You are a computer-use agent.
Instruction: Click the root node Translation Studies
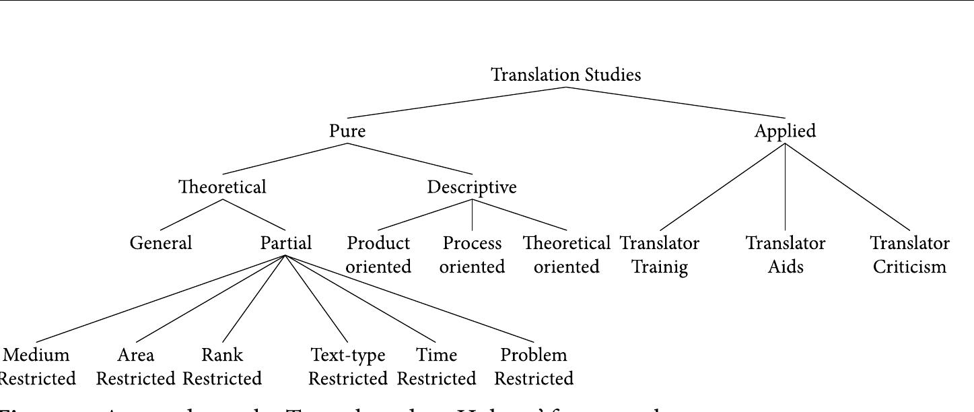click(565, 75)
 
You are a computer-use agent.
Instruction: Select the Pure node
click(347, 131)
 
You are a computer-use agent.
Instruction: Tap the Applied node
click(785, 131)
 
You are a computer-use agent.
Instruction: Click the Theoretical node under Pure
click(222, 187)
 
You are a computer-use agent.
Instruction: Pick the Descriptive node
click(472, 187)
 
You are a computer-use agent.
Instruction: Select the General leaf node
click(161, 243)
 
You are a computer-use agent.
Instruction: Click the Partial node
click(285, 243)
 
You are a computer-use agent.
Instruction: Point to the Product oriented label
click(378, 254)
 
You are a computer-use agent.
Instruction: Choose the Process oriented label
click(472, 254)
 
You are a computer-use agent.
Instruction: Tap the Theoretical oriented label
click(566, 254)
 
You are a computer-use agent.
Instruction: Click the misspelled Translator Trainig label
click(660, 254)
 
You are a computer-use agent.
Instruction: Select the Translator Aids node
click(786, 254)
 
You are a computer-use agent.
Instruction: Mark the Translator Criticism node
click(909, 254)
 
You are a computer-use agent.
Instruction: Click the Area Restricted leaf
click(136, 366)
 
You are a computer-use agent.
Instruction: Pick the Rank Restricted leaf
click(222, 366)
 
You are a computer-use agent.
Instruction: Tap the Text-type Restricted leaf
click(348, 366)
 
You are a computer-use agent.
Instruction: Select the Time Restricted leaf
click(436, 366)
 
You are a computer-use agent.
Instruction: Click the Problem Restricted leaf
click(534, 366)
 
